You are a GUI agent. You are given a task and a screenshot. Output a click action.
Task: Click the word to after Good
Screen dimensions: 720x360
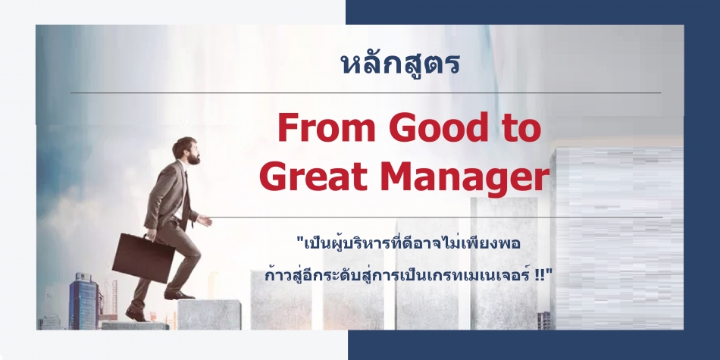[x=520, y=129]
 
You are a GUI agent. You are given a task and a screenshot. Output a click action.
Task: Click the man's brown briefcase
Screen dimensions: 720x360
[x=143, y=258]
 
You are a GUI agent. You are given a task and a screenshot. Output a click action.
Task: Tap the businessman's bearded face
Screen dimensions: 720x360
[x=191, y=152]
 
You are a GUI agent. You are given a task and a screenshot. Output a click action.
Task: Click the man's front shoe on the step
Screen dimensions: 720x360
[x=179, y=296]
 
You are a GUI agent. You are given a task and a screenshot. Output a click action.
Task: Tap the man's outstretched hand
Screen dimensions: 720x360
[x=205, y=221]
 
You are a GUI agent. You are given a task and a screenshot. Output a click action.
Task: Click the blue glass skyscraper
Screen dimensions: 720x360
[x=83, y=301]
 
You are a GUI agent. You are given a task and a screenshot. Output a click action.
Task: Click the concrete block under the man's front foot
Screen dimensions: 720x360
[x=209, y=315]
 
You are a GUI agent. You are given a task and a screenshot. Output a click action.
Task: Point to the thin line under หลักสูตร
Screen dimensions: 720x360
[x=365, y=92]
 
